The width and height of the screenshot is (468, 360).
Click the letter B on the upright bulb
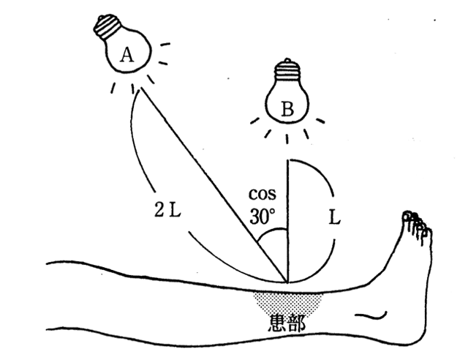click(287, 110)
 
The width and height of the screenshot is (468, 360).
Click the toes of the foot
click(416, 222)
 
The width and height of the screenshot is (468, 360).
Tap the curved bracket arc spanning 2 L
click(157, 183)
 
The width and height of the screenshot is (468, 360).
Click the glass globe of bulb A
click(132, 59)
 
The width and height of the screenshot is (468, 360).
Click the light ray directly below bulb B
click(287, 136)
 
